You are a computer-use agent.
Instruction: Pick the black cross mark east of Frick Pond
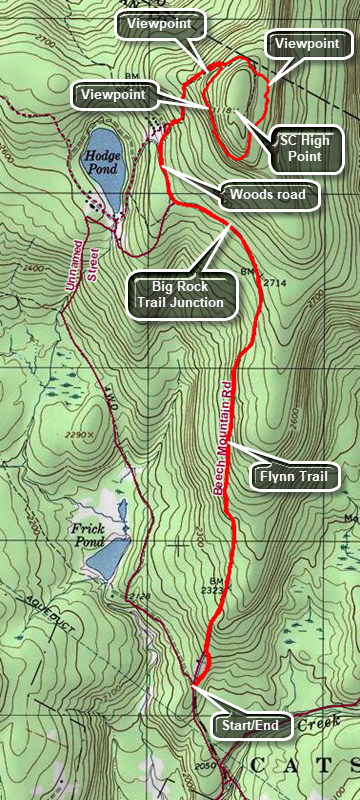[180, 545]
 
